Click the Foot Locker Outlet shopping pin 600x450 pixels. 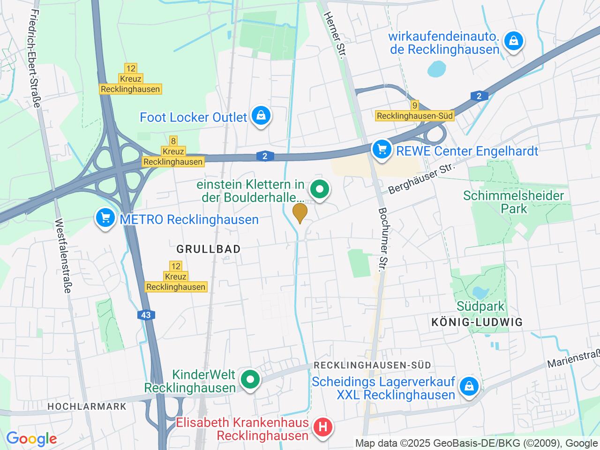coord(259,116)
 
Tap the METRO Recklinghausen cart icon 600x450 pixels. coord(105,218)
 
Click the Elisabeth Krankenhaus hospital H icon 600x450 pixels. coord(322,427)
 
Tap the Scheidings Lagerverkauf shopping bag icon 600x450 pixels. coord(468,387)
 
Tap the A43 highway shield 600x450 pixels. coord(146,315)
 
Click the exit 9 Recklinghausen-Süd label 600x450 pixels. coord(414,111)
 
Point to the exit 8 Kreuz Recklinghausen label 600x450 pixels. coord(173,151)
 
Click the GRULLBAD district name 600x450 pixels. coord(209,249)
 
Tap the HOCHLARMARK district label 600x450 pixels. coord(87,406)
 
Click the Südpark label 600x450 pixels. coord(480,307)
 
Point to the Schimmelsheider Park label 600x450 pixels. coord(513,202)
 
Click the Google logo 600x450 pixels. coord(31,439)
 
